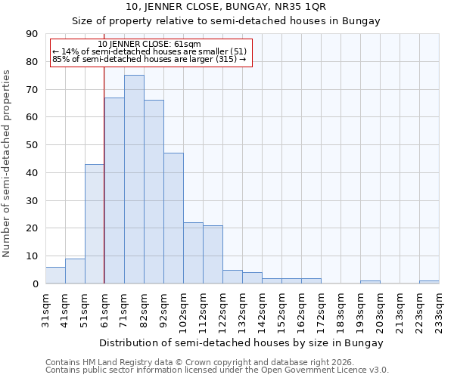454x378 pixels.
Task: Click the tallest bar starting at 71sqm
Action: [x=134, y=179]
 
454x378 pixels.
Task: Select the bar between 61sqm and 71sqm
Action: [x=114, y=191]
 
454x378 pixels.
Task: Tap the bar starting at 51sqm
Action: [x=95, y=224]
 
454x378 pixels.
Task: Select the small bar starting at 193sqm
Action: [x=370, y=282]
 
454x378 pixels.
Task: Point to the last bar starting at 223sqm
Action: [x=429, y=282]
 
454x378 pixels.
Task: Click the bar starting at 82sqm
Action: [x=154, y=192]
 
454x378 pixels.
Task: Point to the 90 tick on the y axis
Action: [x=33, y=34]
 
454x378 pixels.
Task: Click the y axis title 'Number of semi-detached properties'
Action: [x=8, y=163]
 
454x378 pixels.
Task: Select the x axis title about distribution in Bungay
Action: [x=242, y=342]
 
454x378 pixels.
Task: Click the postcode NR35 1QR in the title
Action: [x=303, y=7]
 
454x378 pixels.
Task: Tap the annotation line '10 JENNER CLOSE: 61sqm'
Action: [x=150, y=45]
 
